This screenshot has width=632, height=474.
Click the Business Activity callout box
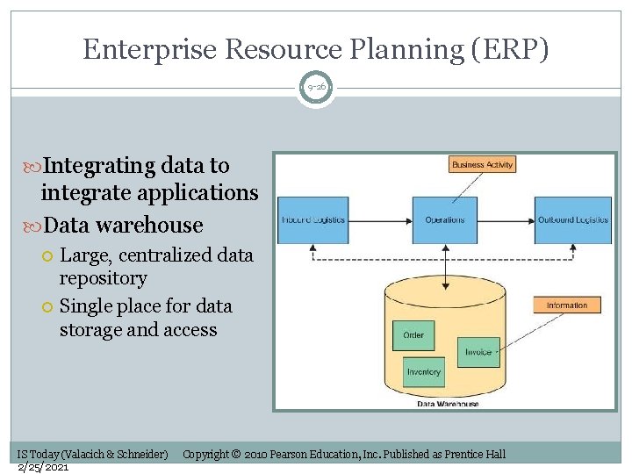coord(482,164)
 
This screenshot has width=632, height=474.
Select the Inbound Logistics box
coord(313,219)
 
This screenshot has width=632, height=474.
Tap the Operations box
coord(445,219)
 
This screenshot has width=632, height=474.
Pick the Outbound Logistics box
coord(573,219)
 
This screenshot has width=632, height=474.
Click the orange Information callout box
coord(567,305)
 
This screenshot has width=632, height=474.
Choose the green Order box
coord(413,334)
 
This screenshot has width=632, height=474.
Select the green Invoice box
coord(478,352)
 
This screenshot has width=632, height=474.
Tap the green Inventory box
coord(424,372)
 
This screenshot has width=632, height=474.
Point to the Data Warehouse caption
coord(448,404)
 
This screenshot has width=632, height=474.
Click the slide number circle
coord(315,88)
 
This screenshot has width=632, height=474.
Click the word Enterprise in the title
coord(149,49)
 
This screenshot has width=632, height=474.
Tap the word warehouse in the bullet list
coord(150,225)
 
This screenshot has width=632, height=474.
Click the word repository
coord(103,278)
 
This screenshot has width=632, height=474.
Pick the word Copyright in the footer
coord(205,454)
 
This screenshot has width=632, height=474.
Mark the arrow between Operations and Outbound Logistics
coord(506,219)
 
